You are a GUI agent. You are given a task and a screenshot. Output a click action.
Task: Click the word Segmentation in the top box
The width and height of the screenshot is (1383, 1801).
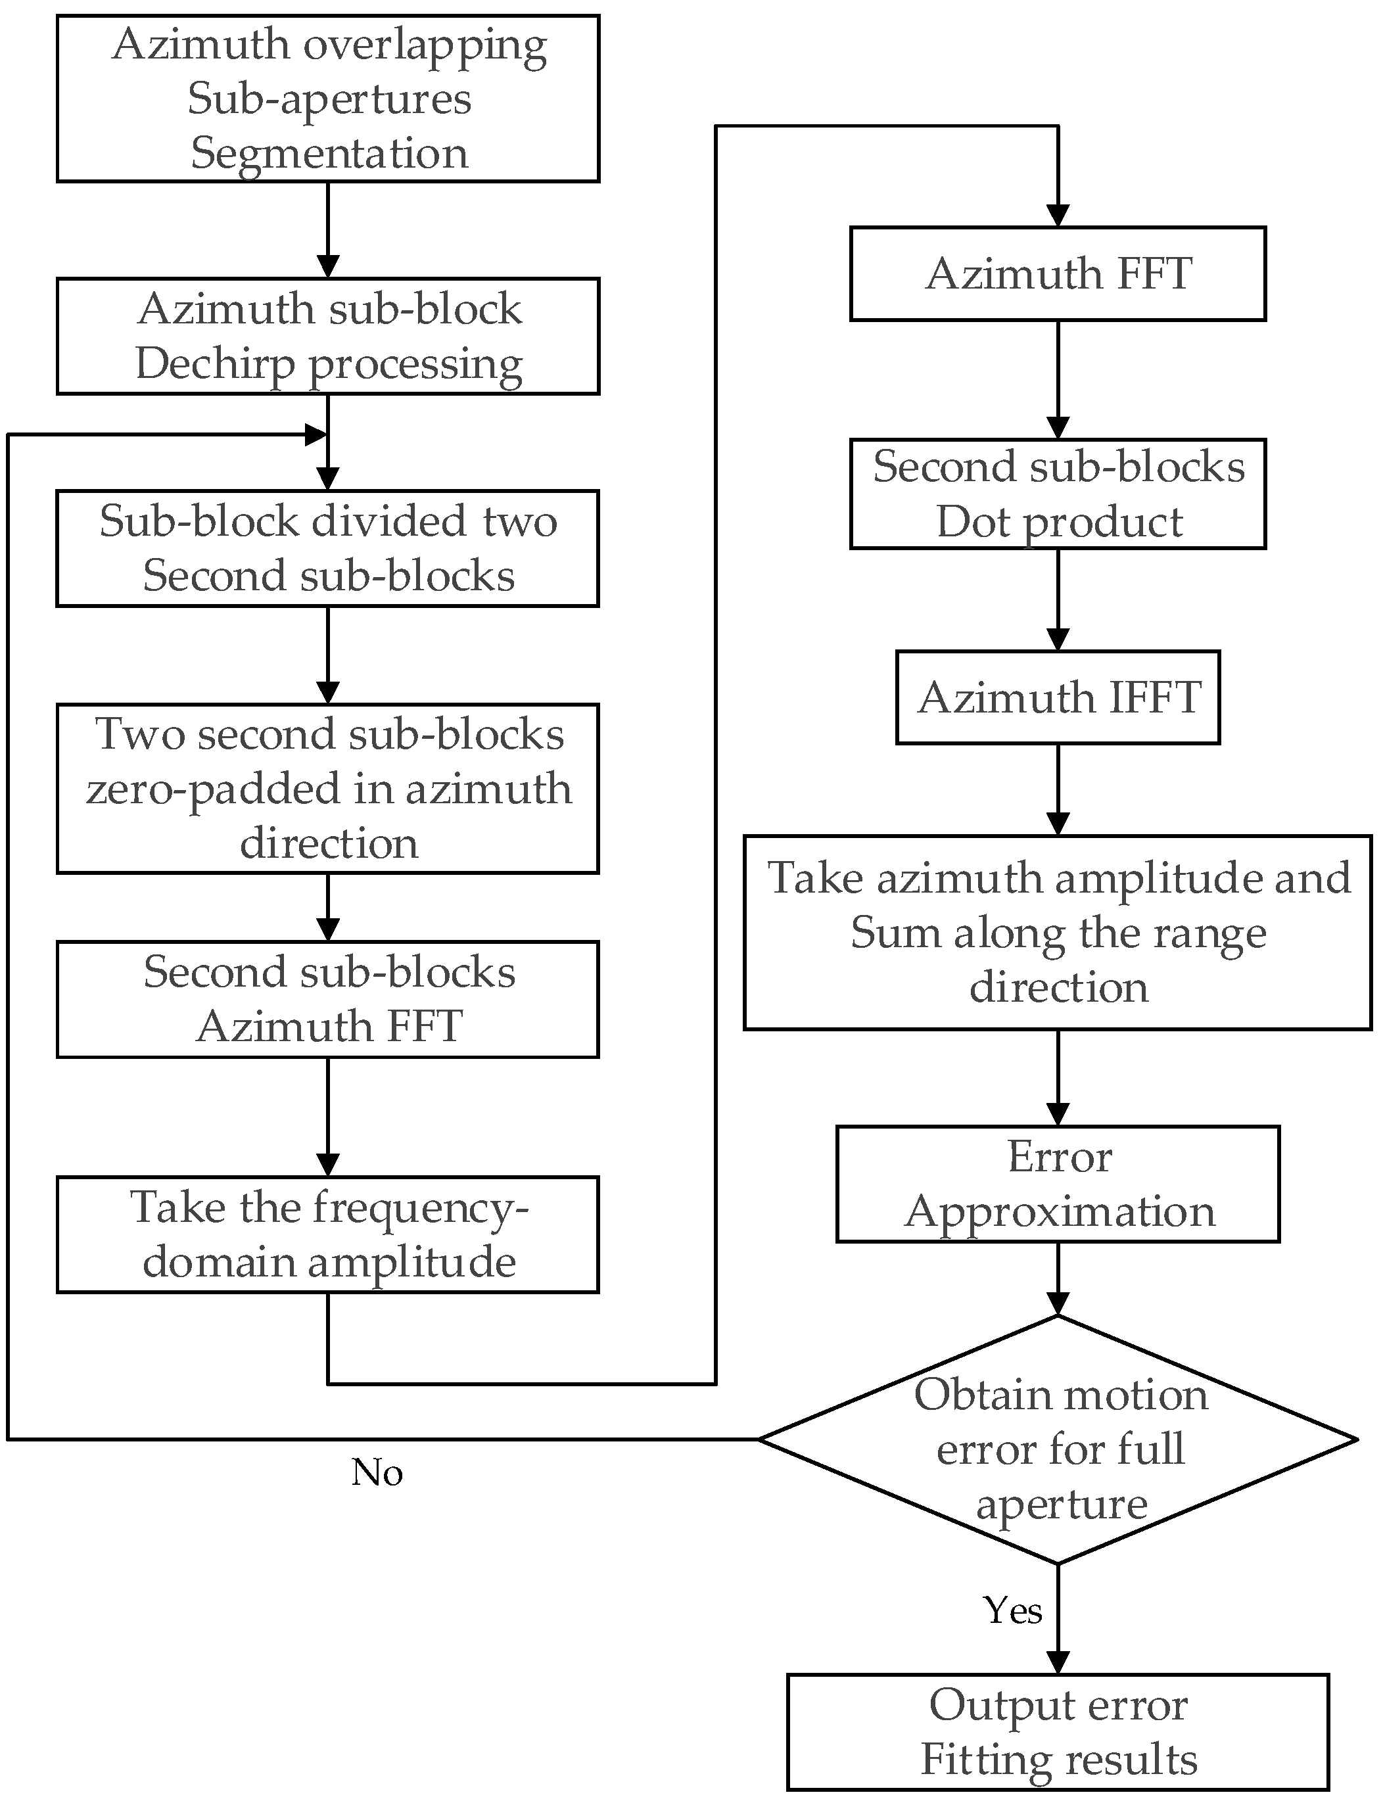point(329,154)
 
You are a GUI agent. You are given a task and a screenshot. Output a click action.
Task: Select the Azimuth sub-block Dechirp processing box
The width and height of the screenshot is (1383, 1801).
point(327,336)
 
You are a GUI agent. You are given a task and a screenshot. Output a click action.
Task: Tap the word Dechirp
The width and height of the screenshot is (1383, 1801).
point(215,364)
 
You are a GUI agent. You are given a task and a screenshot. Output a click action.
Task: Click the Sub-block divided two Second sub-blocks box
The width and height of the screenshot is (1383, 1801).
point(327,548)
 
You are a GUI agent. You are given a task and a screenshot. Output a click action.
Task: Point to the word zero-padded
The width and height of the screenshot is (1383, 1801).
point(214,789)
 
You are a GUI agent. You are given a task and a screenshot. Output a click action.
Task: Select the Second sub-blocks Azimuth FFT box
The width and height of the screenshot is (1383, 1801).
point(327,999)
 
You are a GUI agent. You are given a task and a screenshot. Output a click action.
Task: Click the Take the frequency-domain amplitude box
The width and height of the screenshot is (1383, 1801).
point(327,1234)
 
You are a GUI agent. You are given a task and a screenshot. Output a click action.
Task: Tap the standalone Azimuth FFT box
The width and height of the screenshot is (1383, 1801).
point(1058,273)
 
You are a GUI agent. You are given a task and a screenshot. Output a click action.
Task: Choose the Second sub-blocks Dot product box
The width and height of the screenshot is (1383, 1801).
point(1058,494)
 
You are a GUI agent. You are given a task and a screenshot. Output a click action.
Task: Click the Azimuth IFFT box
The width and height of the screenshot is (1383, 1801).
point(1058,697)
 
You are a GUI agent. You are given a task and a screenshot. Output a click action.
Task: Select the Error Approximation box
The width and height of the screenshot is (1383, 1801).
point(1058,1184)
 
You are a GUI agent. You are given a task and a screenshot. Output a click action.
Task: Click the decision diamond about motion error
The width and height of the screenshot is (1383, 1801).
point(1058,1439)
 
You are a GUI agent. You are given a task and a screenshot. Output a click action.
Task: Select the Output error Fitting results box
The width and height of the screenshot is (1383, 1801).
point(1058,1732)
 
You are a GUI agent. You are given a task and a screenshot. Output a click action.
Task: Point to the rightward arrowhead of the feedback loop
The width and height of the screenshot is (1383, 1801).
point(316,434)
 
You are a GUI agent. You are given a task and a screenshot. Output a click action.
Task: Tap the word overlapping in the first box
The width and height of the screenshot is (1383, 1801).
point(425,45)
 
